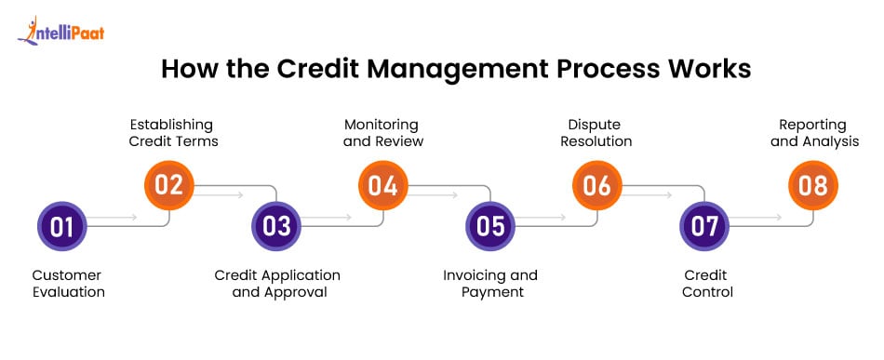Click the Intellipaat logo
pos(60,31)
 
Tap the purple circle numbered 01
pos(62,226)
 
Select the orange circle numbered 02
pos(169,185)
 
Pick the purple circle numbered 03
pos(276,226)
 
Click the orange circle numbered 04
pos(383,185)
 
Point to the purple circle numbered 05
pos(490,226)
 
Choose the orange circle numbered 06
pos(597,185)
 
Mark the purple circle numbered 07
pos(704,226)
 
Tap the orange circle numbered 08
pos(813,185)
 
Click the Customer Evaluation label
pos(68,284)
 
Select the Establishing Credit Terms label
pos(173,132)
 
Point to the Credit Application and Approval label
pos(277,284)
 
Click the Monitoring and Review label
pos(382,132)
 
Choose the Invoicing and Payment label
pos(489,284)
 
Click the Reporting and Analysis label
pos(814,132)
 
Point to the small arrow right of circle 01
pos(113,217)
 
